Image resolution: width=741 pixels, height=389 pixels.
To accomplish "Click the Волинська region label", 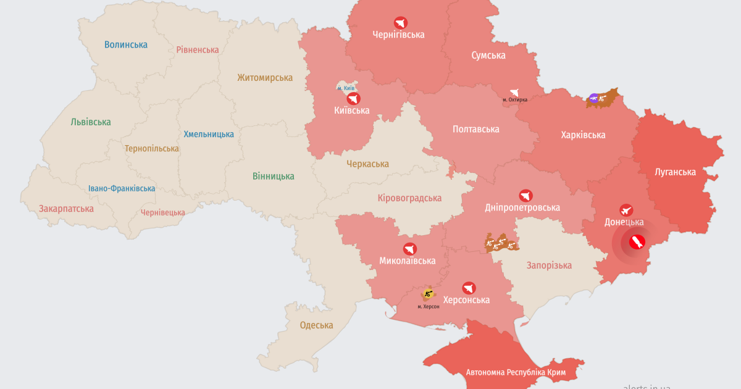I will pos(126,44).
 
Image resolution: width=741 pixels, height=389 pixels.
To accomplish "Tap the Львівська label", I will pos(91,122).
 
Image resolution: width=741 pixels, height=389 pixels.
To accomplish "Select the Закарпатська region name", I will pos(66,208).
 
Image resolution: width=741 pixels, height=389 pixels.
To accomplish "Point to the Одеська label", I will pos(316,325).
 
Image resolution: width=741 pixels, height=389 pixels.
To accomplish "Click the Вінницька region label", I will pos(273,176).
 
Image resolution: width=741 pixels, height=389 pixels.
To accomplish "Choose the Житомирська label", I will pos(265,78).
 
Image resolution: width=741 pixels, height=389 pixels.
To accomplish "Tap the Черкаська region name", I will pos(367,164).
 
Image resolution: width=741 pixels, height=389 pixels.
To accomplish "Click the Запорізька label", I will pos(549,266).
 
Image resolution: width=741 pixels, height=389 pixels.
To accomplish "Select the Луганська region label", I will pos(675,172).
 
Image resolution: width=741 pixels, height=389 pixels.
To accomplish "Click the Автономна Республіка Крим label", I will pos(516,372).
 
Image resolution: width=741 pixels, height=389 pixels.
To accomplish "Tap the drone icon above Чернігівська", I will pos(400,22).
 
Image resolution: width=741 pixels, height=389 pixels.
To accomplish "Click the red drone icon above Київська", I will pos(353,99).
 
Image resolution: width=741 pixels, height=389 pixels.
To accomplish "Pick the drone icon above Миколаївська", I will pos(409,249).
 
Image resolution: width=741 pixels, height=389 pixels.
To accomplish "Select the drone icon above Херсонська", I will pos(468,288).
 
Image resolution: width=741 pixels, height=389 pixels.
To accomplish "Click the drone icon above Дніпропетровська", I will pos(525,196).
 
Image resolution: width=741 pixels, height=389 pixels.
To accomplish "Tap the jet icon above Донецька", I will pos(626,210).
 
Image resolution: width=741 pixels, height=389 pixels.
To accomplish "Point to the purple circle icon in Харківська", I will pos(593,98).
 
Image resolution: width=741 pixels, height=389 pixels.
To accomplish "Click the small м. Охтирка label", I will pos(514,100).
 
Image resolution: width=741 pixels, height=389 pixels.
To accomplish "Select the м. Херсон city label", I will pos(428,306).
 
